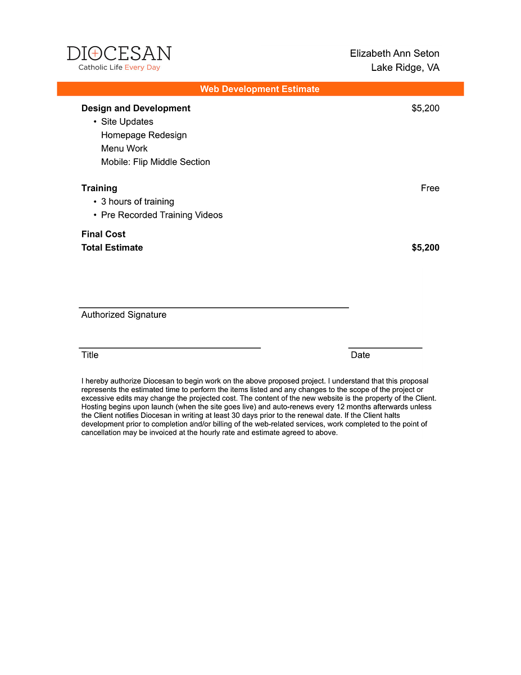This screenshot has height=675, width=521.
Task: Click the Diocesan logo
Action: point(119,53)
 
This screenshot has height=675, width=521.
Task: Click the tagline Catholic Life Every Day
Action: point(119,67)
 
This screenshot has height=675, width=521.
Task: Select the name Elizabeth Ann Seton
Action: point(395,53)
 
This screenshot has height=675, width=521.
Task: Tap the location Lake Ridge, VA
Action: point(405,67)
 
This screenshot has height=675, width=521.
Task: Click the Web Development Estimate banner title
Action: point(260,89)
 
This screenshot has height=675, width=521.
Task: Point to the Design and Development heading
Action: point(136,108)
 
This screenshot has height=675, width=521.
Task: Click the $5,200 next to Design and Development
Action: point(425,108)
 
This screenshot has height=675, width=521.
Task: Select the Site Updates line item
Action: point(127,121)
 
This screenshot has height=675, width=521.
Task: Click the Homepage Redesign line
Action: point(144,135)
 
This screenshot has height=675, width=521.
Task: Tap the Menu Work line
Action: point(124,148)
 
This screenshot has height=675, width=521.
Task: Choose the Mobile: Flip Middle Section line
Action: point(156,162)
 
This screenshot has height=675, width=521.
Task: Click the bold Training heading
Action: point(99,188)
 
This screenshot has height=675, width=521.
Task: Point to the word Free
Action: point(430,188)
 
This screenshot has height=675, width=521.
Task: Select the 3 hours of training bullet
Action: point(138,201)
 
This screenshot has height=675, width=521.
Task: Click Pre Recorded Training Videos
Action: point(162,215)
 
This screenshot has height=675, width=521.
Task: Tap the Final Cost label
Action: point(103,234)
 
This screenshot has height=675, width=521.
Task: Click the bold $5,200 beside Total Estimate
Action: point(425,247)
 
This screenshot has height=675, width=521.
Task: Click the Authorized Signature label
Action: point(124,314)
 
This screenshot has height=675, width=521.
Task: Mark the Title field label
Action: point(90,355)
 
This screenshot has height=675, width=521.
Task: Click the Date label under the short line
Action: point(360,355)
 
